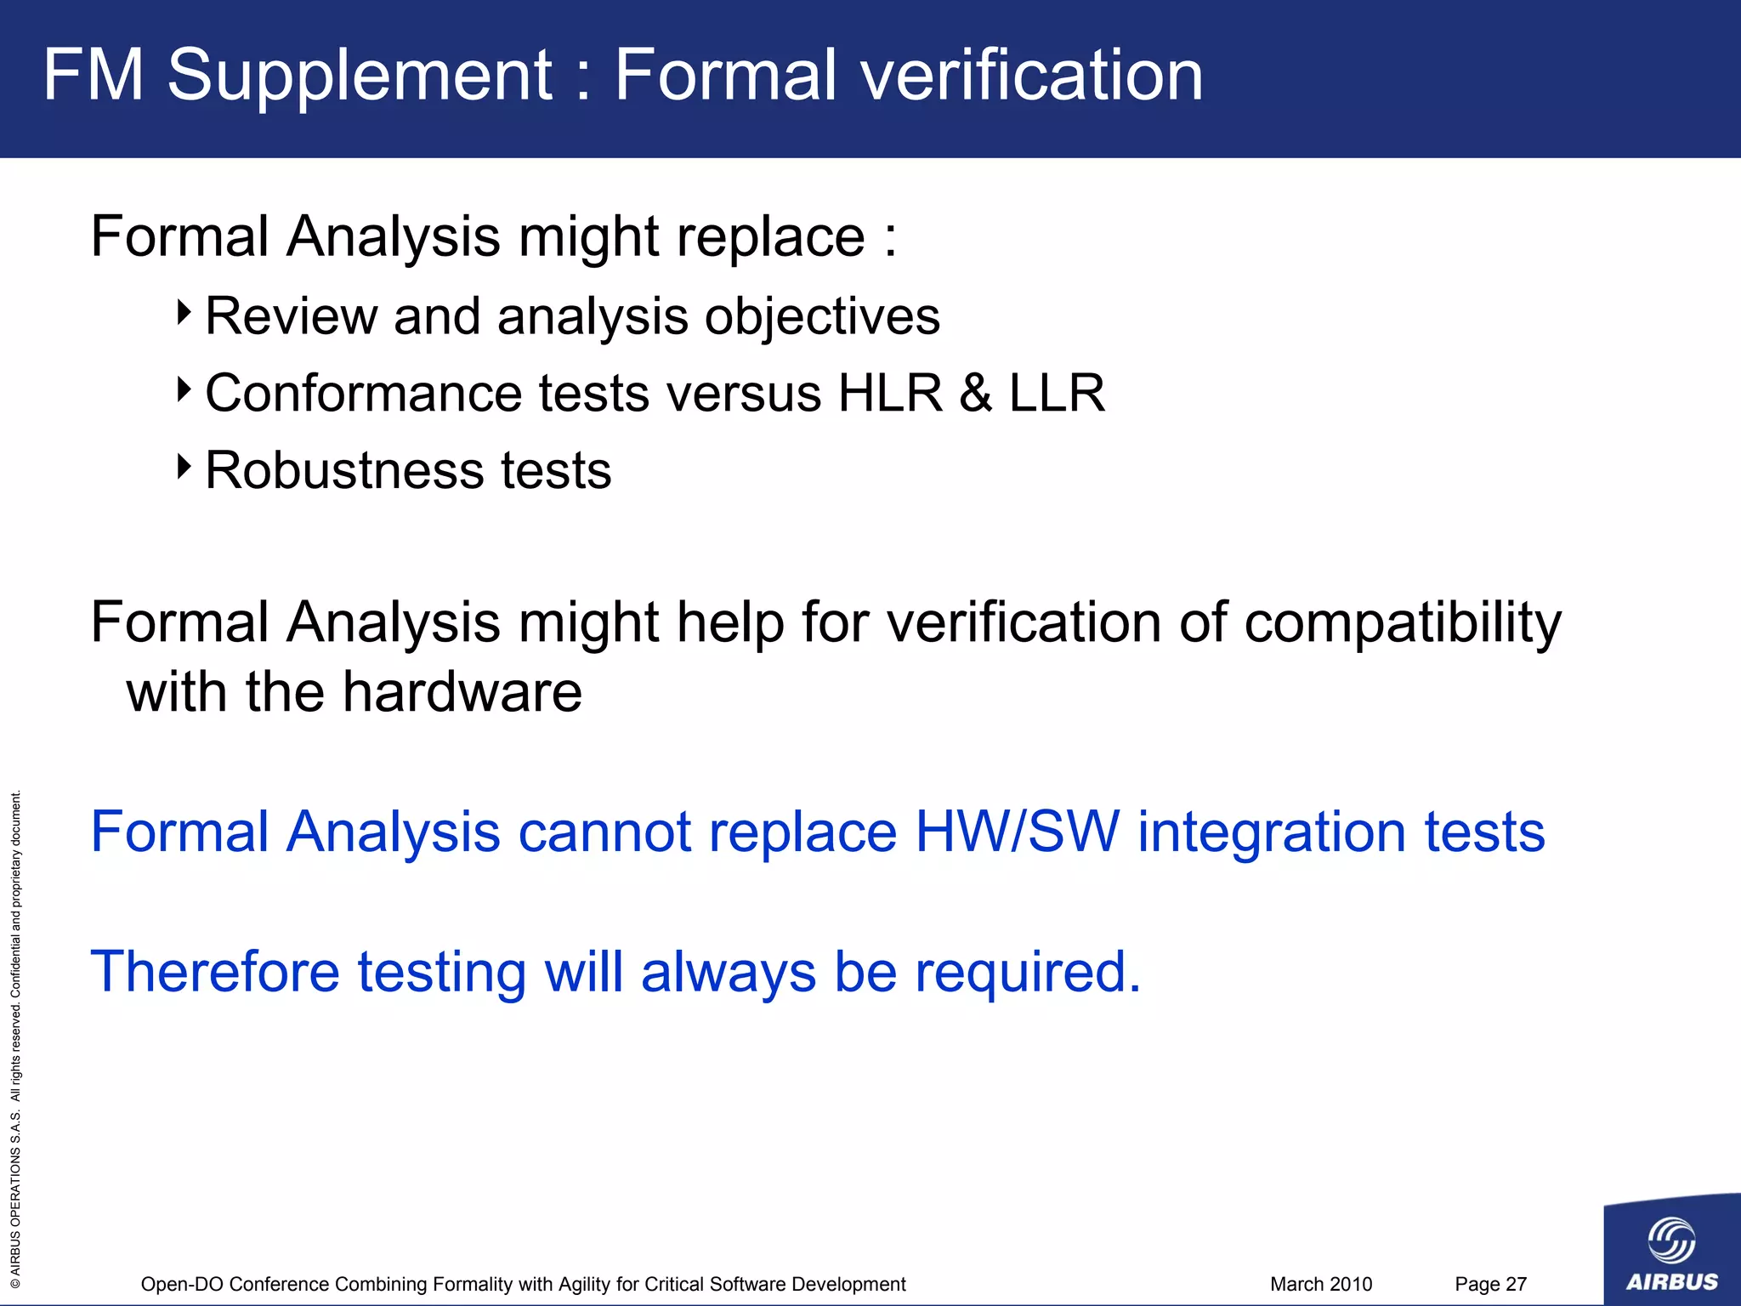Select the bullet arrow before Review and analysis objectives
(x=184, y=312)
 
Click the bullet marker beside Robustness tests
(x=184, y=466)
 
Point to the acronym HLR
(x=890, y=393)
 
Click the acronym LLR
(x=1057, y=393)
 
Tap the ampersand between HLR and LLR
(x=976, y=393)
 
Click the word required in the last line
(x=1027, y=974)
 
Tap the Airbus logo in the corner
(x=1671, y=1250)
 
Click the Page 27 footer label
(x=1490, y=1284)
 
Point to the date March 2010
(x=1321, y=1284)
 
